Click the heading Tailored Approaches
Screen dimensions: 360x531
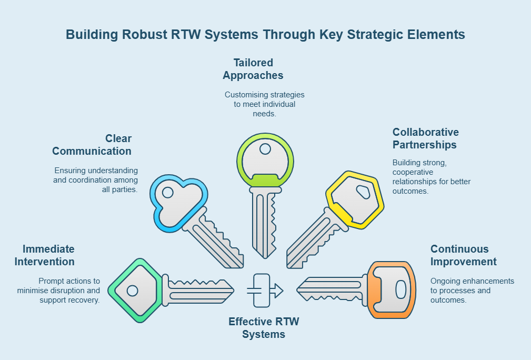tap(253, 69)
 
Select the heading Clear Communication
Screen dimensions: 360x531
tap(92, 145)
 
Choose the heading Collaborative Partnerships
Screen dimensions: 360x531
tap(425, 138)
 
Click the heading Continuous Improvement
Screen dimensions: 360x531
tap(463, 255)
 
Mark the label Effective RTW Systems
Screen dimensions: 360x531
tap(264, 327)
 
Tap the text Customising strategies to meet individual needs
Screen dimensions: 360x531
tap(265, 104)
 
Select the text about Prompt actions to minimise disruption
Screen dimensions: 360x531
tap(59, 291)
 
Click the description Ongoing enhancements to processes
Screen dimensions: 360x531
tap(472, 291)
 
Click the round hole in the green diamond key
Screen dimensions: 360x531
tap(133, 291)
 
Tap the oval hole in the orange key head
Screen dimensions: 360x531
tap(400, 289)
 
